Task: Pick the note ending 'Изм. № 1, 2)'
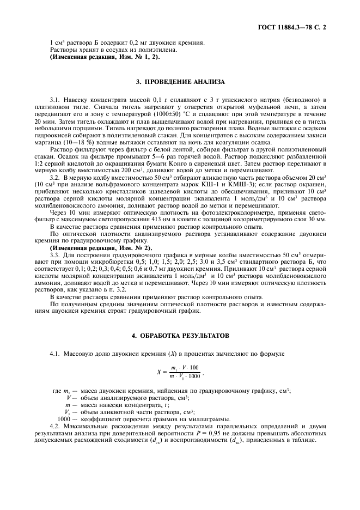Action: pos(105,57)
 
